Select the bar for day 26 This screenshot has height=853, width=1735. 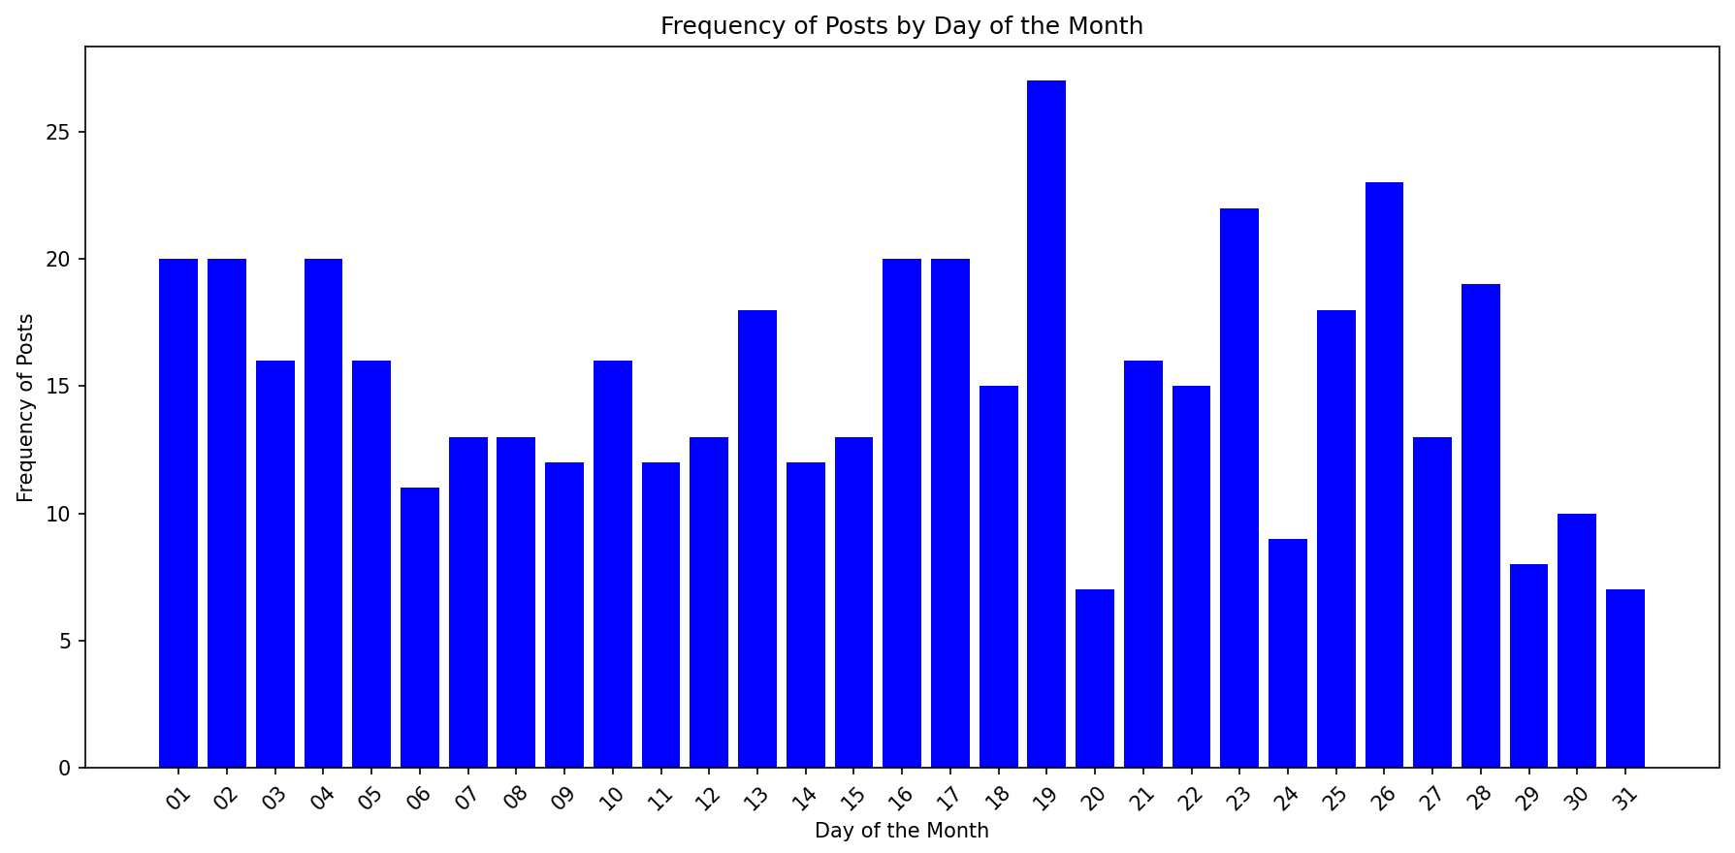(x=1384, y=475)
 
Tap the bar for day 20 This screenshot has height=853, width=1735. (x=1095, y=679)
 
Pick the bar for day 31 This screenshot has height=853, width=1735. (x=1625, y=679)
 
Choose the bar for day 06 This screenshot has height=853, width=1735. (x=420, y=627)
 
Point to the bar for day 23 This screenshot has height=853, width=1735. (x=1239, y=488)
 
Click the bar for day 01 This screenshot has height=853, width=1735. (x=178, y=513)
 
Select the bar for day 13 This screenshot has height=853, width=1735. (x=757, y=539)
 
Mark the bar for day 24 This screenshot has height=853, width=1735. (x=1288, y=653)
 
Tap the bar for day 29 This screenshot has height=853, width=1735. (x=1528, y=666)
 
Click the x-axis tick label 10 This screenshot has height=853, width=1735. (x=611, y=798)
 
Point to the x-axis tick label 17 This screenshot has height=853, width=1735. (x=948, y=798)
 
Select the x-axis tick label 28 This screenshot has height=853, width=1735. (x=1479, y=798)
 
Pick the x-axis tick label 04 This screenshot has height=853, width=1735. (x=322, y=798)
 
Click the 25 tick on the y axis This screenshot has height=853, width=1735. (x=63, y=132)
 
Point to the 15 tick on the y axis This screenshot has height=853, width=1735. (x=63, y=386)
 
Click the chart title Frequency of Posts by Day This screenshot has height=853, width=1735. (x=901, y=26)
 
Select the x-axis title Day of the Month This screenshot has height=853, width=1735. (x=901, y=831)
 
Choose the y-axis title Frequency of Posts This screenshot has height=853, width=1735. (x=26, y=407)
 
